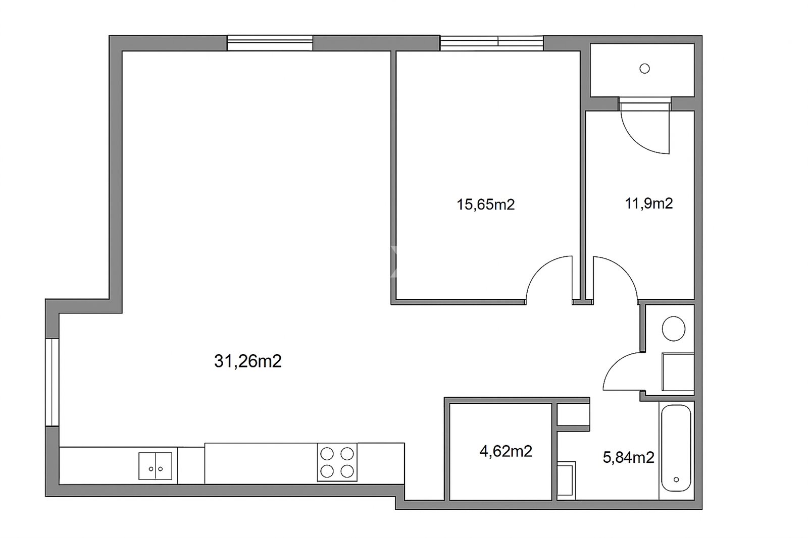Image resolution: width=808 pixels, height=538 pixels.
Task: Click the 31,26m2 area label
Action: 247,361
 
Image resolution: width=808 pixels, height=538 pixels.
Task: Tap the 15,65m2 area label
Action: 485,204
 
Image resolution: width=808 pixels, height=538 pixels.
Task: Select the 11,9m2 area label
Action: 648,204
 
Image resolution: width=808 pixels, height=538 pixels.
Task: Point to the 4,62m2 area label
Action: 506,451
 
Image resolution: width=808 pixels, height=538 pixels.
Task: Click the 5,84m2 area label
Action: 628,458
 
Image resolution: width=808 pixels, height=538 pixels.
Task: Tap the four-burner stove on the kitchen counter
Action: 337,462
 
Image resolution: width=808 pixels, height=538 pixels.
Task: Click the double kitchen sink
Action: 156,466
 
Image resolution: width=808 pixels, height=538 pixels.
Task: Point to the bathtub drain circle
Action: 676,479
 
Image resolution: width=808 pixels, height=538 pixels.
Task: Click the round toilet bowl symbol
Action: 674,329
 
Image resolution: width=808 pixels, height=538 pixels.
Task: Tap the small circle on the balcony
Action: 644,69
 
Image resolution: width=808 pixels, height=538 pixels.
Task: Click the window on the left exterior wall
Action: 53,382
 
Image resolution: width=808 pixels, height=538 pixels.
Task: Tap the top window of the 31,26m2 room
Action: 270,43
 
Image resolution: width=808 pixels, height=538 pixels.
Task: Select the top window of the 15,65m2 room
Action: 492,43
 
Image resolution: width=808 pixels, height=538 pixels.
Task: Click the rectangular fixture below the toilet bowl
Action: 678,372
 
